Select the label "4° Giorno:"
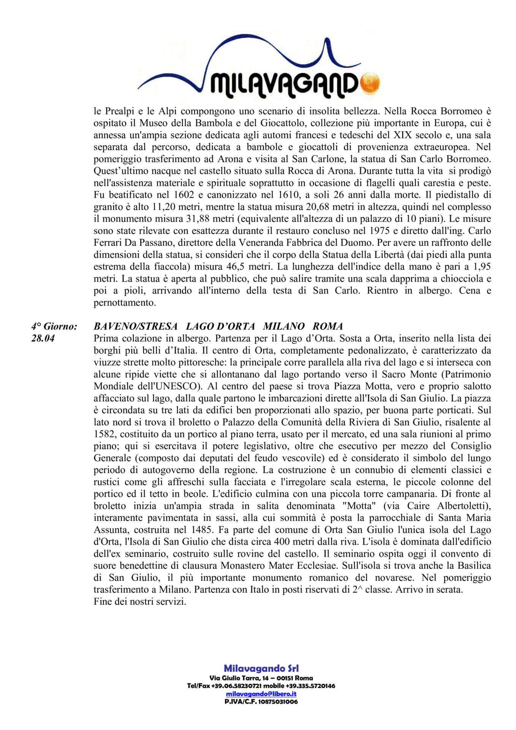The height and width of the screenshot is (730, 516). [x=54, y=326]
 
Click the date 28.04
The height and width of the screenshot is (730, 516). [x=43, y=338]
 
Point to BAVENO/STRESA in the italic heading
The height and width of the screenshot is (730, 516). [x=136, y=326]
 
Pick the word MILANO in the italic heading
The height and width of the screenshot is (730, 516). [x=284, y=326]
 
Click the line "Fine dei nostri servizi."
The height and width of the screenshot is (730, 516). [x=140, y=602]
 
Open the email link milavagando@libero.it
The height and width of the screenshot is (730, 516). [x=261, y=694]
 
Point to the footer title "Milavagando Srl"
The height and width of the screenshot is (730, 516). [x=261, y=668]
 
